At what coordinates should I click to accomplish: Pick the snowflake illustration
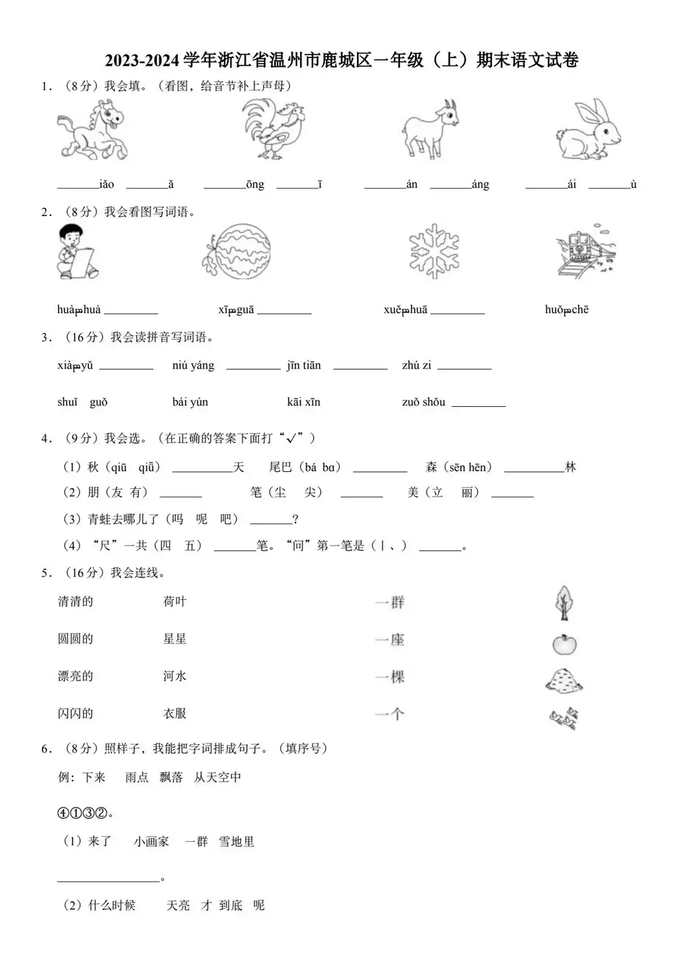[x=434, y=251]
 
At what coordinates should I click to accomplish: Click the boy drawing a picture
[x=76, y=251]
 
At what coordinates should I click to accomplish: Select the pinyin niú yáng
[x=194, y=366]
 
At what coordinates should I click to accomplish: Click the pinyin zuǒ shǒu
[x=423, y=402]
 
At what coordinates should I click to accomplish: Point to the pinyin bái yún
[x=190, y=402]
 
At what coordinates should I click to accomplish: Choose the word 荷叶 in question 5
[x=175, y=602]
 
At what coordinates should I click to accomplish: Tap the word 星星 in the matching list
[x=175, y=639]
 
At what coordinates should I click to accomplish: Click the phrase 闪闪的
[x=75, y=713]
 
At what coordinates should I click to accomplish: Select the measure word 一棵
[x=390, y=677]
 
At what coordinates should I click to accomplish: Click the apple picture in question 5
[x=564, y=644]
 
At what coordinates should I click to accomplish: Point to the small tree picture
[x=564, y=602]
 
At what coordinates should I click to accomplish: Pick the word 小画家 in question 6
[x=151, y=842]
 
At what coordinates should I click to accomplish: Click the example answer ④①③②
[x=83, y=814]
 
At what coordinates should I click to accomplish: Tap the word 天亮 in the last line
[x=179, y=905]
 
